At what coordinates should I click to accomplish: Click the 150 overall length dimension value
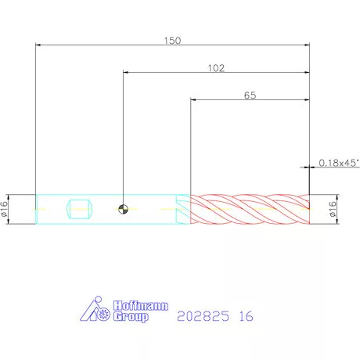[x=172, y=41]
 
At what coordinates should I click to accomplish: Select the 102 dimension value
[x=216, y=68]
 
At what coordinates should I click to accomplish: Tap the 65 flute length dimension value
[x=250, y=95]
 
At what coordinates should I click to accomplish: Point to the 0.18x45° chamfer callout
[x=339, y=163]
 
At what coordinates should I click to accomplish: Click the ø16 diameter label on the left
[x=5, y=209]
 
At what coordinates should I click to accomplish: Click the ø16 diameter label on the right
[x=333, y=209]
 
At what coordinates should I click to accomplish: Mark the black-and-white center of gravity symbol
[x=123, y=209]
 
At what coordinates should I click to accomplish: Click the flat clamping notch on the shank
[x=80, y=209]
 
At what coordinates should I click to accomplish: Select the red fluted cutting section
[x=250, y=209]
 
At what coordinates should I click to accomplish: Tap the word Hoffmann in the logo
[x=141, y=306]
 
